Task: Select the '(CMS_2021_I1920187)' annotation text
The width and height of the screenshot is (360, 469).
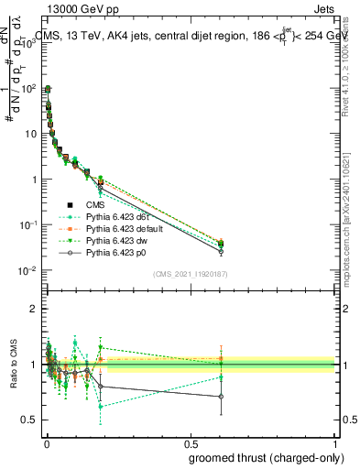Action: (190, 274)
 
